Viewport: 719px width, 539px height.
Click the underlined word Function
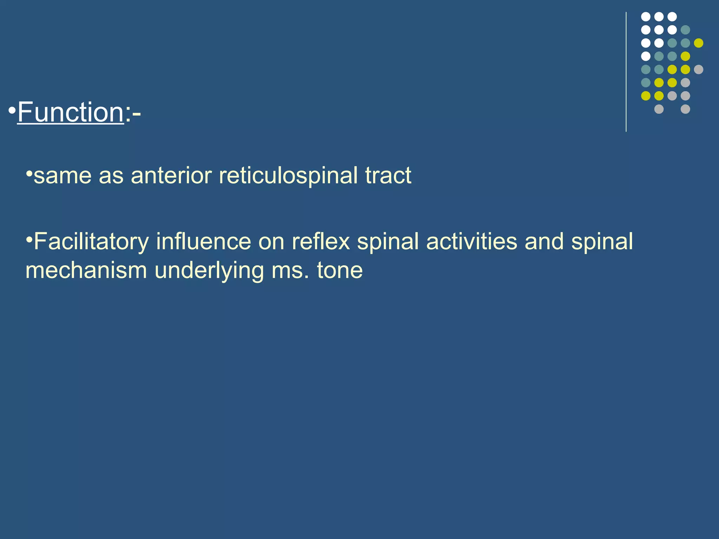coord(70,112)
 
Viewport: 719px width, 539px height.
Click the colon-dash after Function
coord(133,113)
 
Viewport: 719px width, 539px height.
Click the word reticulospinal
coord(288,175)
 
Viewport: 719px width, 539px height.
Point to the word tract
coord(388,175)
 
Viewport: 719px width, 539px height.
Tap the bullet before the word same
coord(29,173)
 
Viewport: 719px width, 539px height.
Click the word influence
coord(204,241)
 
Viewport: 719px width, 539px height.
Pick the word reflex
coord(321,241)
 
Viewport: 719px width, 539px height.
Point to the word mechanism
coord(86,270)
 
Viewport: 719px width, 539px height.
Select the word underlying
coord(209,270)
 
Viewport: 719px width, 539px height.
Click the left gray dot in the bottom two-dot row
coord(659,109)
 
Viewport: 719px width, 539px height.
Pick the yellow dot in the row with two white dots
coord(699,43)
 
